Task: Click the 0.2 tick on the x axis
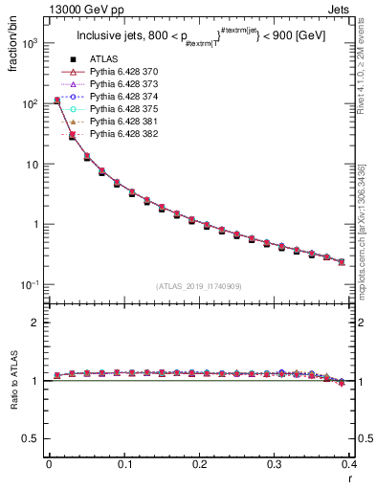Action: (x=199, y=464)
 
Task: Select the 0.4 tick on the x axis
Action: (x=349, y=464)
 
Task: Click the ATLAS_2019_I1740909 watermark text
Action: (x=200, y=286)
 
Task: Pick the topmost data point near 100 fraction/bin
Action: (x=57, y=100)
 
